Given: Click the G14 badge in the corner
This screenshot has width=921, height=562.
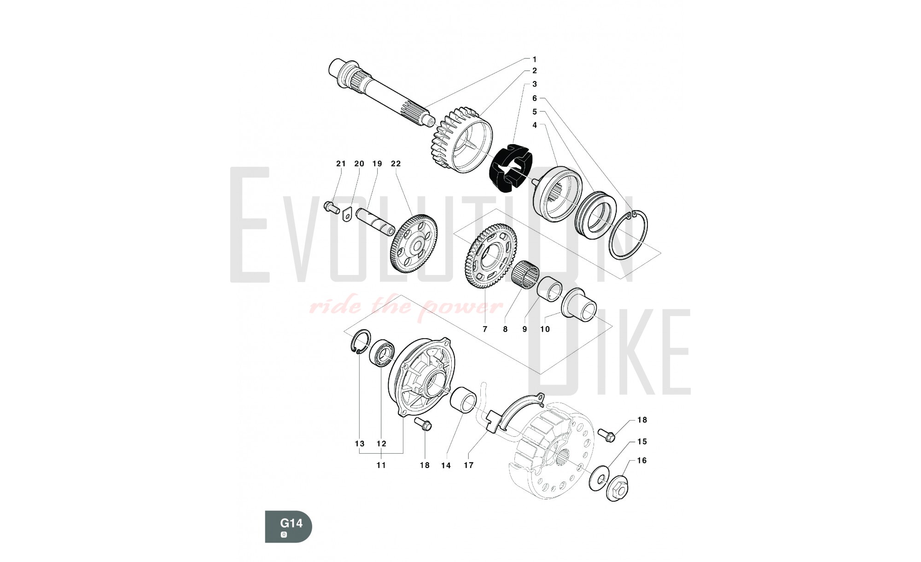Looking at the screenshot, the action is (288, 526).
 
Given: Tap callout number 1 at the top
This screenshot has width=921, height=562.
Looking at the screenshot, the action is (534, 59).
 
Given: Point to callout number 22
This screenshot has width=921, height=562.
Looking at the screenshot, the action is (396, 164).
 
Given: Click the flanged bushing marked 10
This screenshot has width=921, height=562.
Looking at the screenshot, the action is (579, 304).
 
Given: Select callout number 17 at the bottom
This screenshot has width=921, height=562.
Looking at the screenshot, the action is (468, 465).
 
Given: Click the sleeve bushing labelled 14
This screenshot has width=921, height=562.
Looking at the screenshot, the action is (464, 401).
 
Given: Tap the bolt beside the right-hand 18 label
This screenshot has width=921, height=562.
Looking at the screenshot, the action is (606, 435).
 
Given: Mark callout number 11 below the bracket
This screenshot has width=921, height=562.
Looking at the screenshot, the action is (381, 465).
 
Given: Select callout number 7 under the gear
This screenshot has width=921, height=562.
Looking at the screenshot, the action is (485, 329).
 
